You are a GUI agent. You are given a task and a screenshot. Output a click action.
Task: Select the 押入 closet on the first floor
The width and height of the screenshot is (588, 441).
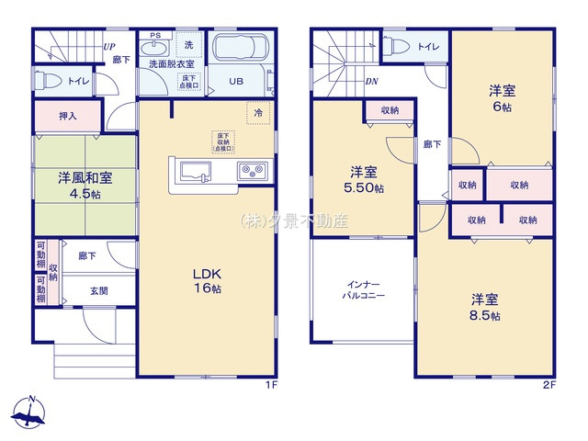tap(67, 117)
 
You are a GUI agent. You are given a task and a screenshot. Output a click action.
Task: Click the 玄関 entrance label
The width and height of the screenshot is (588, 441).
tap(98, 290)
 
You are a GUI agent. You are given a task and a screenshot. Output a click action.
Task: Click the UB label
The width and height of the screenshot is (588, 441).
tap(236, 82)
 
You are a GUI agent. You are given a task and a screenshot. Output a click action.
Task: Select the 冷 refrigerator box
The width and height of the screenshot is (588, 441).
tap(258, 112)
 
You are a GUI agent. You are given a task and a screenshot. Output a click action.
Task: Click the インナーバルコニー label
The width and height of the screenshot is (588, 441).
tap(364, 290)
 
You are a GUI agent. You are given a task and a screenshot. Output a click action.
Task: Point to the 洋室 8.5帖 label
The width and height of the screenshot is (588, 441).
tap(485, 307)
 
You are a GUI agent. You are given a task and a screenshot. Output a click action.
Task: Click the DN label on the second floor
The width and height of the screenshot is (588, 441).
tap(372, 81)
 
